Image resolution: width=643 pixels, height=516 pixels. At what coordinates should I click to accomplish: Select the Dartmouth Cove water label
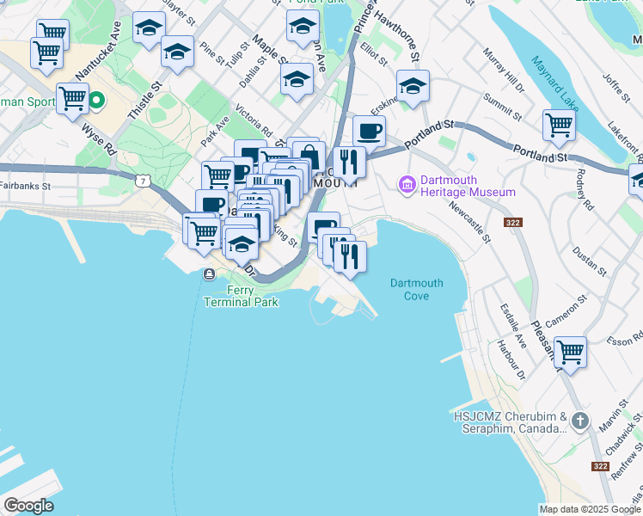coord(416,289)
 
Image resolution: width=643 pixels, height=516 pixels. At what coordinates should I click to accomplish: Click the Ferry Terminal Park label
coord(229,297)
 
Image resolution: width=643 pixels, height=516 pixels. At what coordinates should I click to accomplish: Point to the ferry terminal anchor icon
coord(209,274)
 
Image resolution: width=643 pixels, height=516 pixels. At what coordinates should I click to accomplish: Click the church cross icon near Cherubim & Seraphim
coord(580,421)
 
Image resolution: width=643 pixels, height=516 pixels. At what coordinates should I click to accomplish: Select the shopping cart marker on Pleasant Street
coord(570,353)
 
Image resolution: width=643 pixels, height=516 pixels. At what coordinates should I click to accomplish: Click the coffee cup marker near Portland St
coord(369,132)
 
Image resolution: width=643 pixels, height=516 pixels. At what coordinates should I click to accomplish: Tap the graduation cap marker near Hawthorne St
coord(413,86)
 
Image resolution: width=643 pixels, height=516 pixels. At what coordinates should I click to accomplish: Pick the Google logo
coord(28,506)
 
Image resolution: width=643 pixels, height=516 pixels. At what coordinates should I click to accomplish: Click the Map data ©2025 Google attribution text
coord(590,509)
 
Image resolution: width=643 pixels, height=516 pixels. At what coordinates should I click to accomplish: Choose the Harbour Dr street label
coord(511,359)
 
